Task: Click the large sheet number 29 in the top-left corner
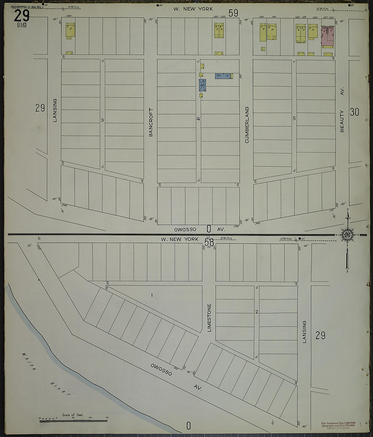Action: pos(22,16)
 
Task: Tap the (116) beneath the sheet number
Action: pos(21,25)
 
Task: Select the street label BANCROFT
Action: pos(151,122)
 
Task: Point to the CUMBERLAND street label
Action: pos(247,125)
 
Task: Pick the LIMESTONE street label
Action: pos(209,318)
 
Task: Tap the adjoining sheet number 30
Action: pos(354,112)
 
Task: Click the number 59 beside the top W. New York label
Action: pos(233,13)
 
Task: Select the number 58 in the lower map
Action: pos(209,243)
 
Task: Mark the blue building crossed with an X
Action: pos(202,85)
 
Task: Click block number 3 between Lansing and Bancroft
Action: pos(102,120)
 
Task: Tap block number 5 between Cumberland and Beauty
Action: pos(294,118)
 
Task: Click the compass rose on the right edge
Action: pos(347,234)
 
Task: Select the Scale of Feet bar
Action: pos(73,421)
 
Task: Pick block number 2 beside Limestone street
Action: pos(257,312)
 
